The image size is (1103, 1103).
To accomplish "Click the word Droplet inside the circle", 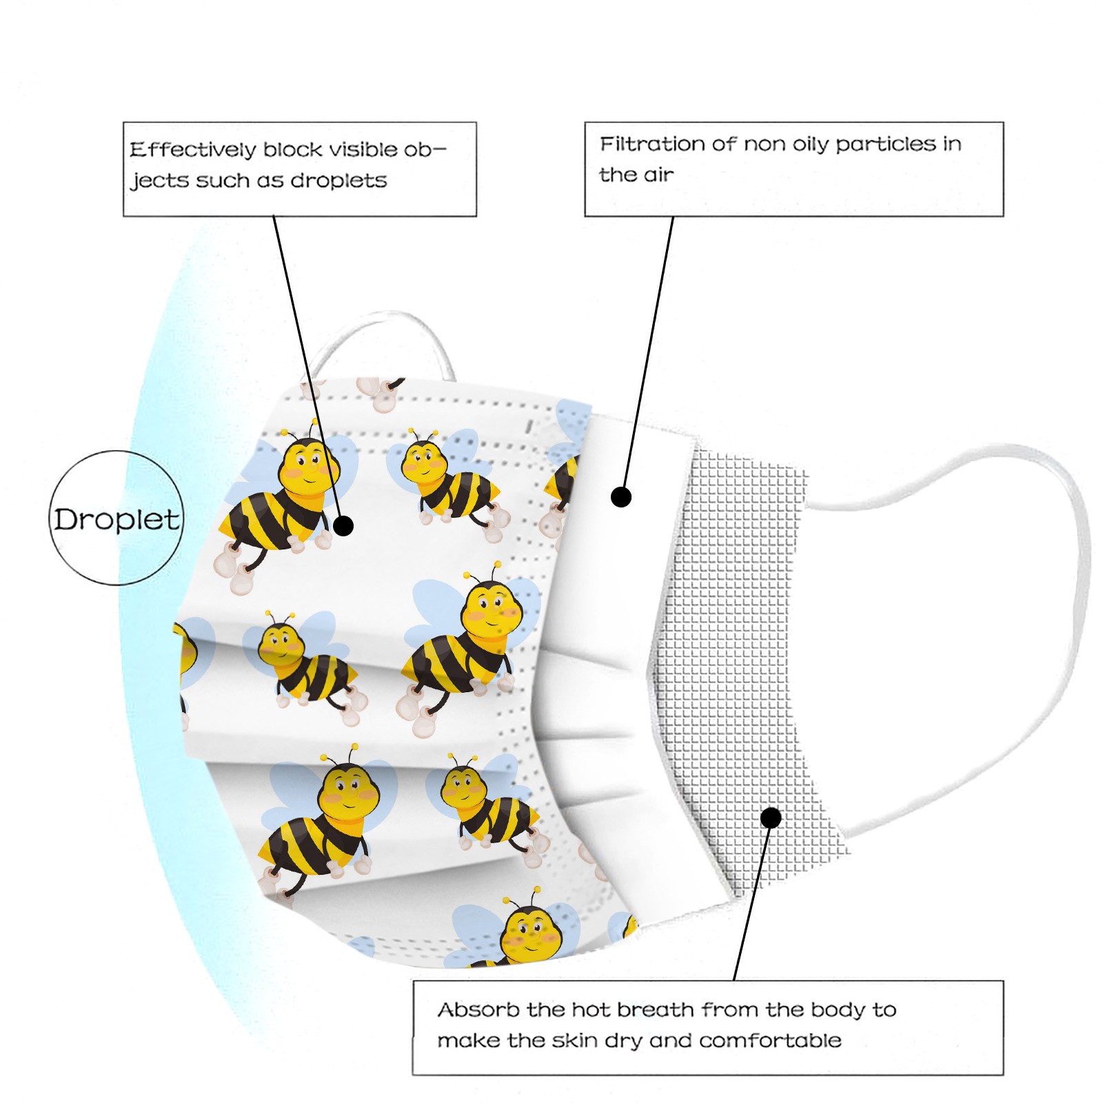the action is point(117,520).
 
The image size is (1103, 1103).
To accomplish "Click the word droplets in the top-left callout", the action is point(338,181).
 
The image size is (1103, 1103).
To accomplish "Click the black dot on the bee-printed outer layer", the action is point(343,526).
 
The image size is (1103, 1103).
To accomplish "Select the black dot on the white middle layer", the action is point(621,496).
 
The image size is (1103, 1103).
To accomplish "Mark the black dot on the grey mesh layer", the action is point(771,818).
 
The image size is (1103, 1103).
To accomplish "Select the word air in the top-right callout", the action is point(658,175).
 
